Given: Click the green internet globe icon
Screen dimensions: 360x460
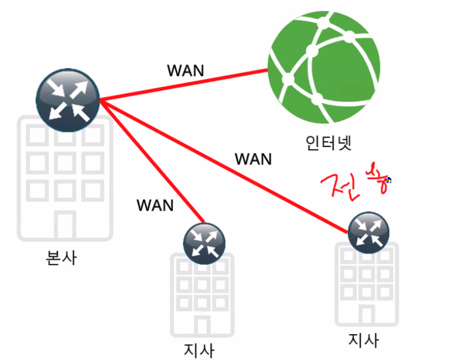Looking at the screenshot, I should coord(323,66).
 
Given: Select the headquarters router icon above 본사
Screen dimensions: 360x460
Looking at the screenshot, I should coord(67,97).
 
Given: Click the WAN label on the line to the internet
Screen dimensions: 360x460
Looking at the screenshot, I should coord(186,71).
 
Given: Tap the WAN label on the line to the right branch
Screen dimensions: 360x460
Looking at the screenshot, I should coord(253,159).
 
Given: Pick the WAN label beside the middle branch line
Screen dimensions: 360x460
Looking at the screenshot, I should coord(155,205).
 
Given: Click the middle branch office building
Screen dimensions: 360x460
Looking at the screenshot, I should coord(203,297).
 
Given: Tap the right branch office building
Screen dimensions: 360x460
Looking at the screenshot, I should coord(367,286).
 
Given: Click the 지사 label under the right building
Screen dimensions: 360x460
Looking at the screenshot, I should coord(364,340).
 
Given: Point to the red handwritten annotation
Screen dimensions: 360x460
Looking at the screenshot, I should coord(353,183).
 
